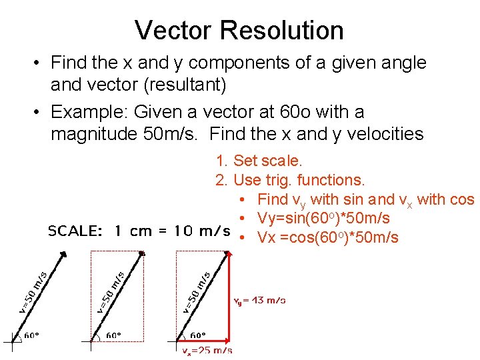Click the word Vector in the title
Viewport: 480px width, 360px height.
(173, 30)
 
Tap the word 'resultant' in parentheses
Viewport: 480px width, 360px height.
(183, 85)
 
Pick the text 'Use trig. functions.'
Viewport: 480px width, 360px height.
(299, 180)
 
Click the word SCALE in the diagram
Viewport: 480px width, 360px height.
(75, 231)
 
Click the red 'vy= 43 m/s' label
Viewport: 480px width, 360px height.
(259, 301)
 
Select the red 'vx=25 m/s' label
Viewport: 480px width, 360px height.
(207, 350)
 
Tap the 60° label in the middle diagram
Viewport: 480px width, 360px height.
(115, 335)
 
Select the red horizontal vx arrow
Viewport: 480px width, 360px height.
(200, 341)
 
